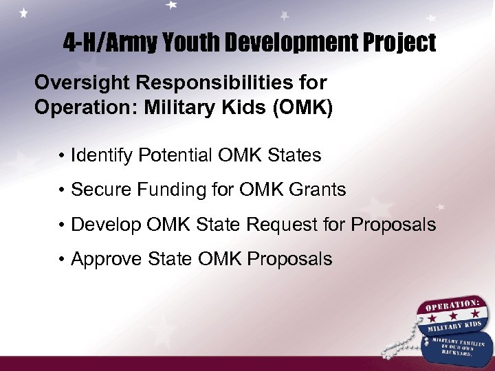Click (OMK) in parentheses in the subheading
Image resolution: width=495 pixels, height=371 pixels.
coord(302,109)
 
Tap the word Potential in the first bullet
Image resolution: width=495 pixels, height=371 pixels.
coord(177,155)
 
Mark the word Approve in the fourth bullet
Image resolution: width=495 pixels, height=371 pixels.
coord(104,259)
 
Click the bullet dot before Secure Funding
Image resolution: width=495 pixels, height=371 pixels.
coord(63,190)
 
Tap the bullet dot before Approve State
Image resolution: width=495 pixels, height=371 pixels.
coord(63,260)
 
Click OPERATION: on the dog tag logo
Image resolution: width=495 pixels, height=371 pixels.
coord(450,304)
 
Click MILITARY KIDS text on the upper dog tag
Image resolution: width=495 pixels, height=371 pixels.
coord(454,325)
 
